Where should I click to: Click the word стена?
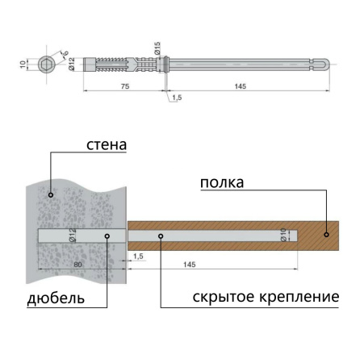[108, 145]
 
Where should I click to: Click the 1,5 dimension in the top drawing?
[176, 98]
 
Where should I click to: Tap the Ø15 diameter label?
[158, 48]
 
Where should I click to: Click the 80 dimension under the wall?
[77, 264]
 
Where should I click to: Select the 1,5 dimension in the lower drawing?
[138, 256]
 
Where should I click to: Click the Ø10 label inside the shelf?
[283, 235]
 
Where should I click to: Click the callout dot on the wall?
[51, 194]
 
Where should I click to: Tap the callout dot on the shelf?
[326, 235]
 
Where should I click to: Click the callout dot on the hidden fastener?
[161, 236]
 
